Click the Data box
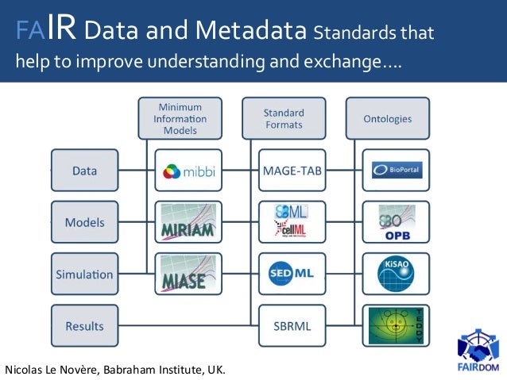coord(85,171)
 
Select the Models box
coord(85,223)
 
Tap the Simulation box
coord(85,274)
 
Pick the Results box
coord(85,326)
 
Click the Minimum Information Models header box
coord(180,118)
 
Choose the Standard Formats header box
coord(284,118)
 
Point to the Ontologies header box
coord(387,118)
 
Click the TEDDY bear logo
coord(396,326)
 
